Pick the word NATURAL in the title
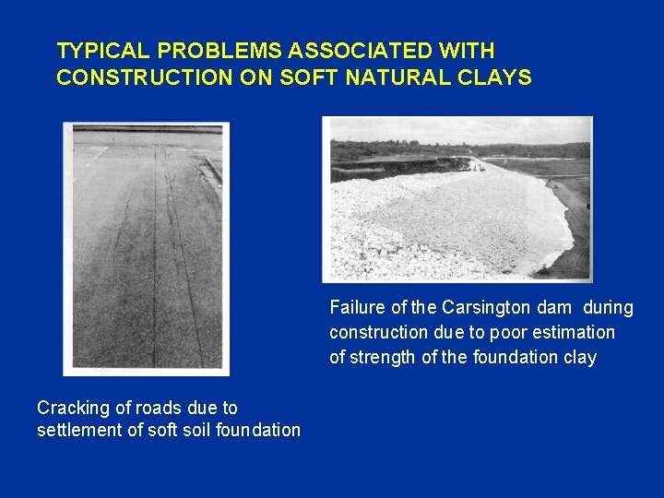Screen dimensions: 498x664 click(x=397, y=77)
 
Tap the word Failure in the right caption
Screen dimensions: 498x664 click(x=355, y=307)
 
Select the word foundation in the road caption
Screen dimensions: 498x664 click(x=260, y=430)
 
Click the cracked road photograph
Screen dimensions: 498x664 click(x=146, y=249)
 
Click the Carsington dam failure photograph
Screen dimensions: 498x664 click(x=456, y=198)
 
